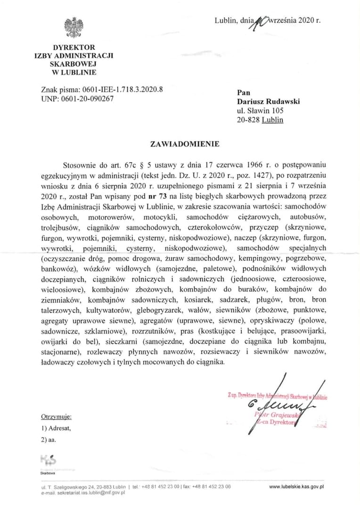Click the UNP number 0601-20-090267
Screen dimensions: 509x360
pos(87,99)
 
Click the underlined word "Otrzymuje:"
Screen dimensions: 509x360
pos(56,417)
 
